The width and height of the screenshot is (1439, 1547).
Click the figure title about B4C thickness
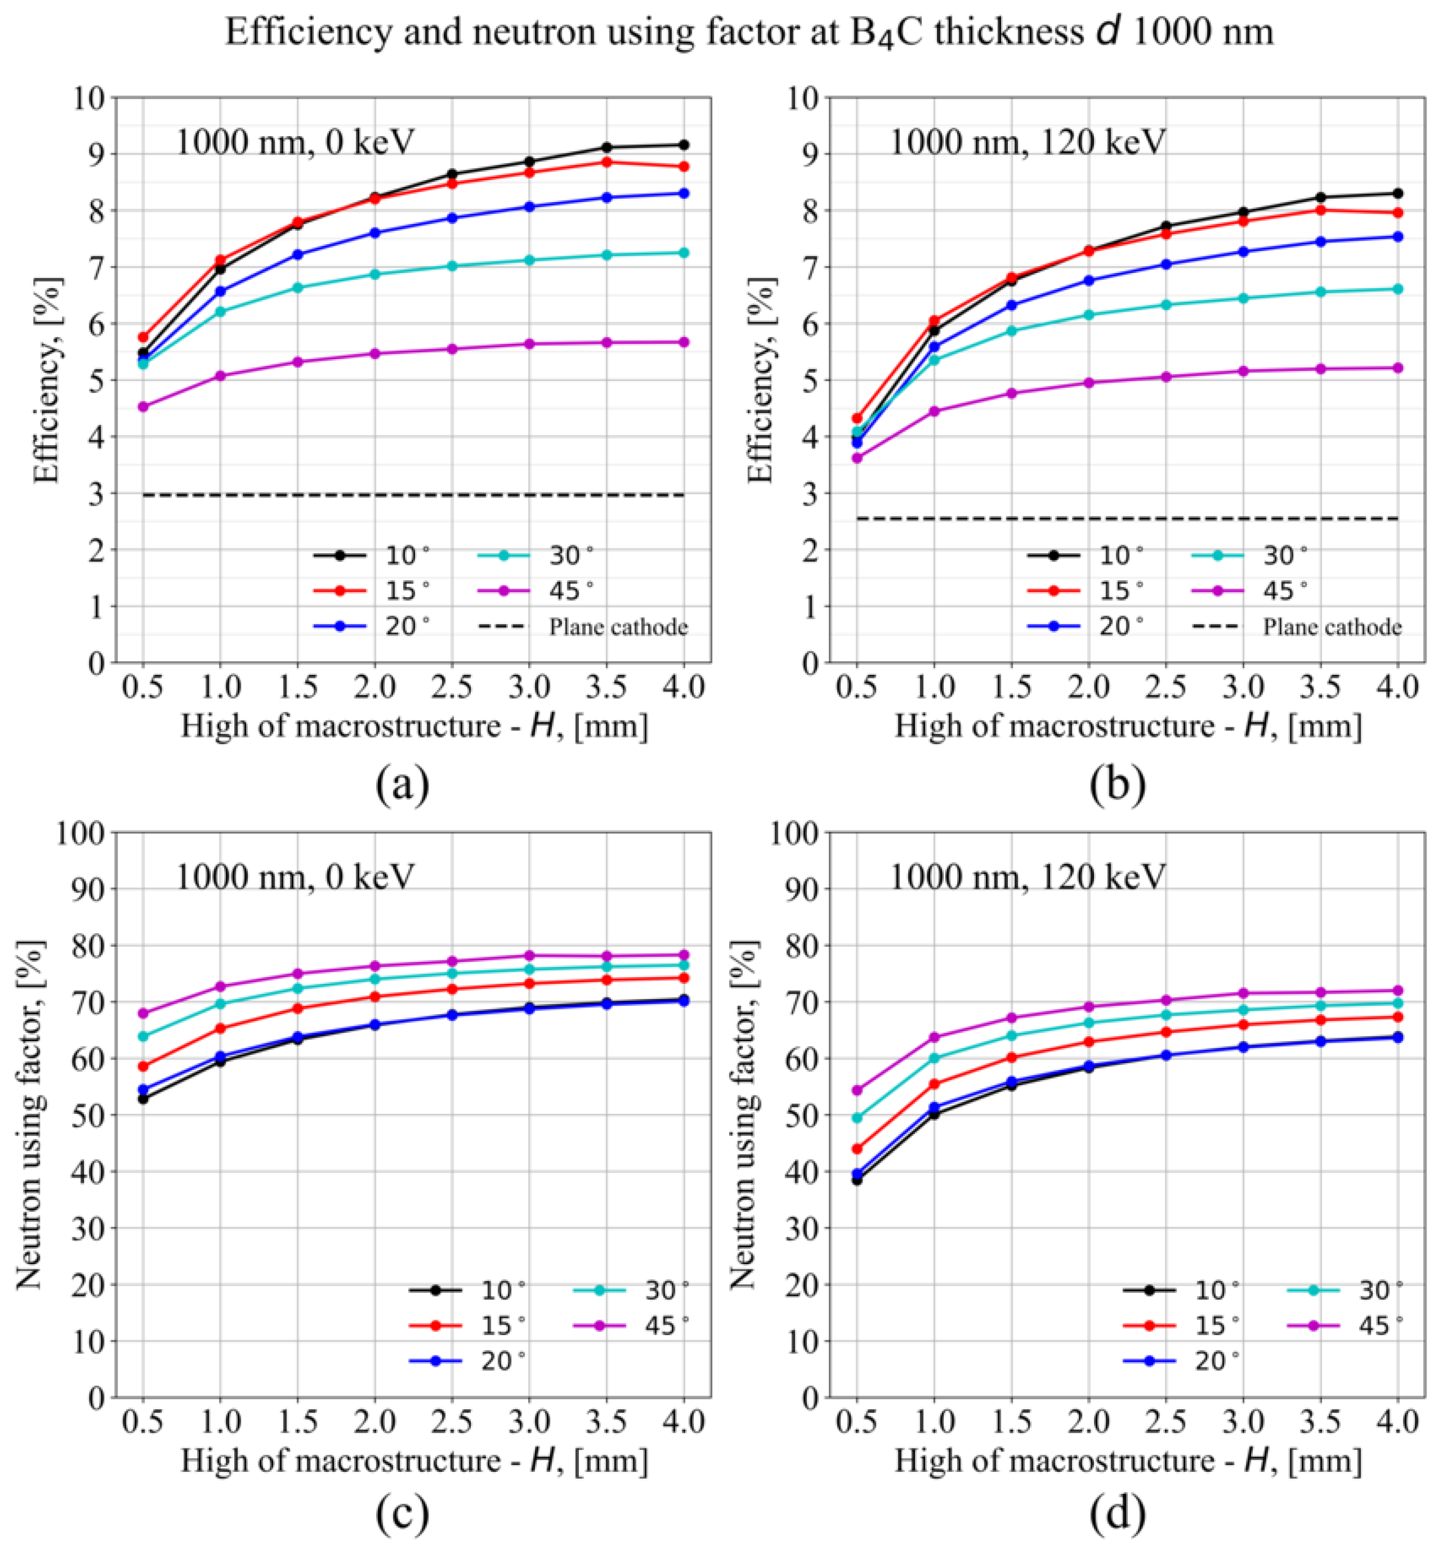(748, 33)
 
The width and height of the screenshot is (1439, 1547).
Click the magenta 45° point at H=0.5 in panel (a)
(143, 406)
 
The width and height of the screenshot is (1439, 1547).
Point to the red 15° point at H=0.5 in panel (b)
(858, 419)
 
